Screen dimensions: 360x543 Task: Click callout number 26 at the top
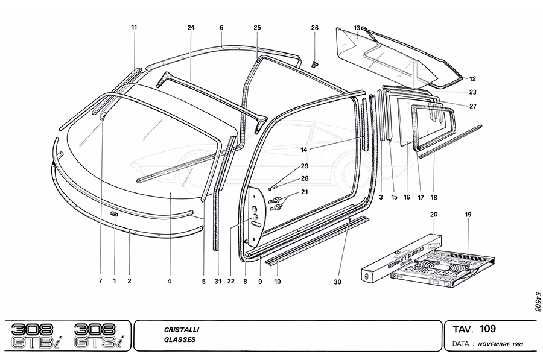(314, 28)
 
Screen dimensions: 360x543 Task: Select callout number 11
(134, 28)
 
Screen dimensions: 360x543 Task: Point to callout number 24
(191, 28)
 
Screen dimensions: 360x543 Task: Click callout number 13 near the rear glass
(357, 28)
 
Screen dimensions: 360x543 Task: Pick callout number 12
(473, 78)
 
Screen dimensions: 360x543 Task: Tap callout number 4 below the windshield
(170, 281)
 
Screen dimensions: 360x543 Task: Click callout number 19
(468, 214)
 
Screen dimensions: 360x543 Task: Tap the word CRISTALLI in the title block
(182, 330)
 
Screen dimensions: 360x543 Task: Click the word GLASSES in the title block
(179, 339)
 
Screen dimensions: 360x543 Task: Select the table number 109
(488, 329)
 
